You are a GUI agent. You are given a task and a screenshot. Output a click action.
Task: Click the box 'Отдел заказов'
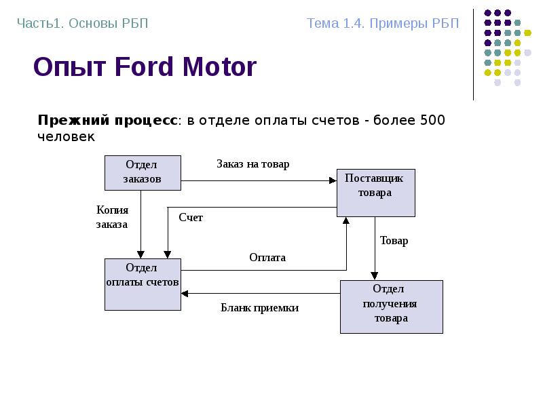tap(143, 172)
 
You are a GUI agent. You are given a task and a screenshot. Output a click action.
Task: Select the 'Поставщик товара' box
tap(375, 193)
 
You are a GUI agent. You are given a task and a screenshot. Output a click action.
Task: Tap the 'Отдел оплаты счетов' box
tap(143, 284)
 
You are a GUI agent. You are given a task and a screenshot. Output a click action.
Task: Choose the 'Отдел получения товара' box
tap(391, 306)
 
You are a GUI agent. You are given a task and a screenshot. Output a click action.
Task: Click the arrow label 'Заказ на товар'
tap(252, 164)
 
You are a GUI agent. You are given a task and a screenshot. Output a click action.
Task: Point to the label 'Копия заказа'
tap(112, 217)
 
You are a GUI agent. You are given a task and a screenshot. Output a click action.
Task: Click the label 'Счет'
tap(191, 218)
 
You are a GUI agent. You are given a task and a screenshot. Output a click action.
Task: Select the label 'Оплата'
tap(267, 258)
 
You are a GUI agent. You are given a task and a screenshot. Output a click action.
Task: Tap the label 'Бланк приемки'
tap(259, 308)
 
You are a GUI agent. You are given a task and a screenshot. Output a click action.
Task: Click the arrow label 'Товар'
tap(394, 241)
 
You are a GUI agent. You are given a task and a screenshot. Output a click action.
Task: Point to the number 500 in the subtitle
tap(432, 121)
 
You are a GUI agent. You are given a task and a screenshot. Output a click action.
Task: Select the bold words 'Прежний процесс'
tap(107, 121)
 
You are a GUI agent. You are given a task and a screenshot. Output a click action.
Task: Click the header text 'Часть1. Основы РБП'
tap(82, 24)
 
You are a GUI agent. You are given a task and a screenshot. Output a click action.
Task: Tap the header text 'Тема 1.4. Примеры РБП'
tap(383, 24)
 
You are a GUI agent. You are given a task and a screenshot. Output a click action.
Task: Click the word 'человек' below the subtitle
tap(66, 136)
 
